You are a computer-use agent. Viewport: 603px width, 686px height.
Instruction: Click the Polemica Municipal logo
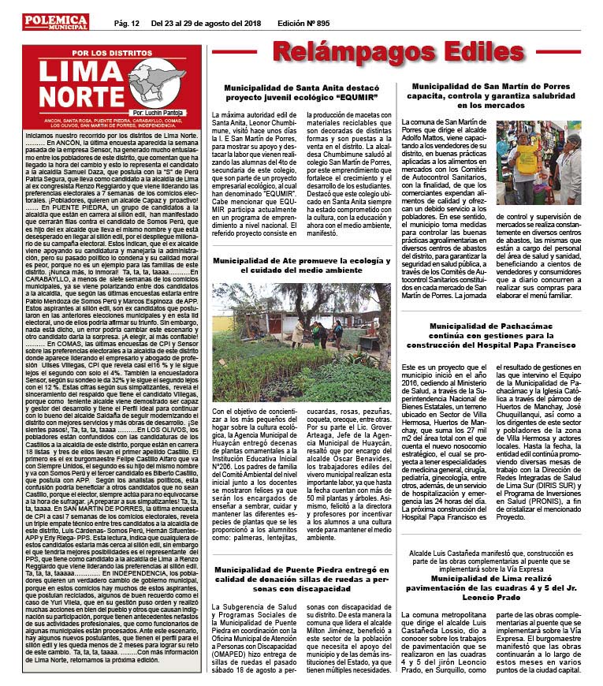(x=55, y=22)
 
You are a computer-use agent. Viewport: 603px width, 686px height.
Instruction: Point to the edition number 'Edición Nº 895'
(x=304, y=23)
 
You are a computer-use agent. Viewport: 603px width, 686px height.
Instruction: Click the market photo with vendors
(x=550, y=163)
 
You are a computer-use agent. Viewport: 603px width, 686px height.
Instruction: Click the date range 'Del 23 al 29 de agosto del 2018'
(x=207, y=23)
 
